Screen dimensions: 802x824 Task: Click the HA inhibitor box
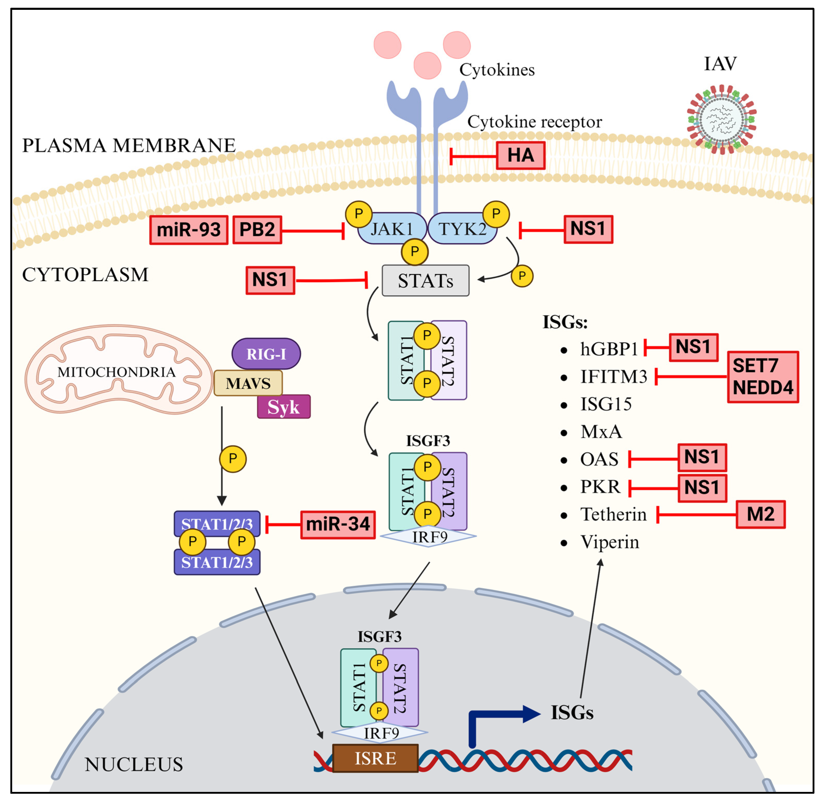coord(520,155)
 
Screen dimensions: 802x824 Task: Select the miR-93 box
coord(189,230)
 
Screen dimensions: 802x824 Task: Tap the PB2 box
coord(257,230)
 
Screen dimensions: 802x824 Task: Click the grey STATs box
coord(425,281)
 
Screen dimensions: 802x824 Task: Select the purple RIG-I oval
coord(266,354)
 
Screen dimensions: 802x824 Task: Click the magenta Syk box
coord(284,407)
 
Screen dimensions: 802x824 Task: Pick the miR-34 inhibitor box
coord(338,524)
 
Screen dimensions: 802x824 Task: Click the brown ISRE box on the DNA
coord(375,758)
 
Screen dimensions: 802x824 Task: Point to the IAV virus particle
coord(722,119)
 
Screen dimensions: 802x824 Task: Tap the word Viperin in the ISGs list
coord(609,542)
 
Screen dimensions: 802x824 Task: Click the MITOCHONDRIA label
coord(116,372)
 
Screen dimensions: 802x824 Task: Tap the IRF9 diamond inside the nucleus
coord(381,733)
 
